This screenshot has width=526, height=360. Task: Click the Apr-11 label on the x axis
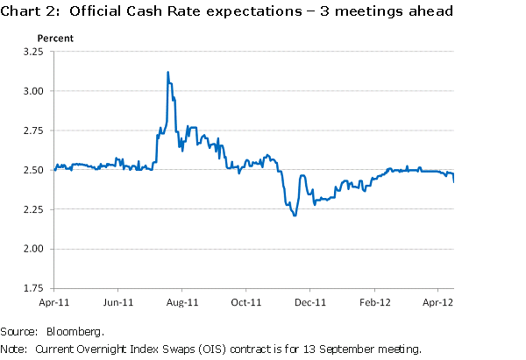[x=54, y=303]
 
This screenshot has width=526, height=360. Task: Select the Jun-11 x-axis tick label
[x=117, y=303]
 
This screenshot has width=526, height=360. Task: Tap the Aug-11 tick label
[x=181, y=303]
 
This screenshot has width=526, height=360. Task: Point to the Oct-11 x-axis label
[x=245, y=303]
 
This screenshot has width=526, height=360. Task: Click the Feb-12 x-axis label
[x=375, y=303]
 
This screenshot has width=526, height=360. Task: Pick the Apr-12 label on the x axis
[x=437, y=303]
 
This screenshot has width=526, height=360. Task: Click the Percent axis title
[x=54, y=39]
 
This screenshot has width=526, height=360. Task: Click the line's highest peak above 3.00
[x=167, y=72]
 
